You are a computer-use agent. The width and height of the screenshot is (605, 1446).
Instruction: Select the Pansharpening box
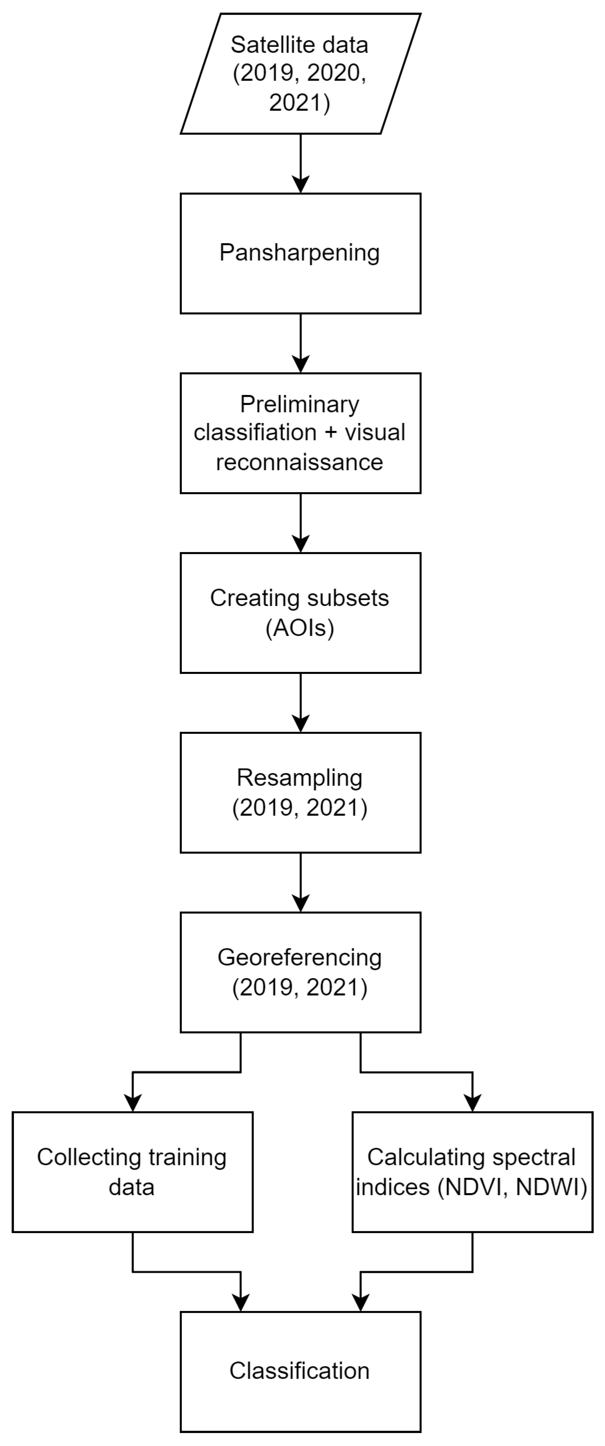coord(301,253)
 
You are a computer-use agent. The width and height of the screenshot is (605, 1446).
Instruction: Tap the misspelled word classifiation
coord(255,433)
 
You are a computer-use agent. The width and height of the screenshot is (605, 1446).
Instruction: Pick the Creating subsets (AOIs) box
coord(301,612)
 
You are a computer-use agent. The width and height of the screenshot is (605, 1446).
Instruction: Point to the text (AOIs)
coord(299,628)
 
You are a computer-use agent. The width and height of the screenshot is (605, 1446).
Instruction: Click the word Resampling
coord(299,777)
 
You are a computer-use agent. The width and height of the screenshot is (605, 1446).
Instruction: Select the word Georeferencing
coord(299,957)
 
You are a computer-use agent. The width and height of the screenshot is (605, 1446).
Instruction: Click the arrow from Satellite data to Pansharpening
coord(301,163)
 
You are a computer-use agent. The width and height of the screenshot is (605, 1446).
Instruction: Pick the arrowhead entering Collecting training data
coord(133,1103)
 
